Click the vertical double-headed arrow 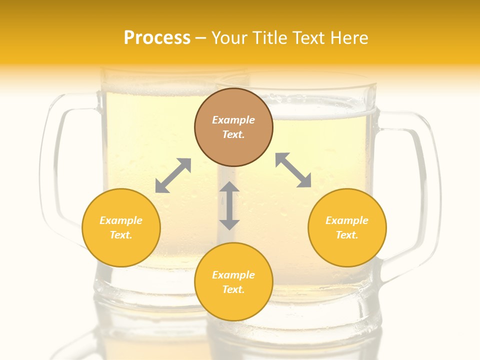(x=229, y=205)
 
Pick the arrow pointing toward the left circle (x=173, y=175)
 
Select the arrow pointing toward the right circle (x=293, y=170)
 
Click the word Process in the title (x=157, y=38)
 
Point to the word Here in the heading (x=349, y=38)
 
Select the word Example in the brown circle (x=233, y=120)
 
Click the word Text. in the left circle (x=121, y=235)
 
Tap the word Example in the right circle (x=347, y=220)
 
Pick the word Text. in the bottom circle (x=233, y=289)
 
